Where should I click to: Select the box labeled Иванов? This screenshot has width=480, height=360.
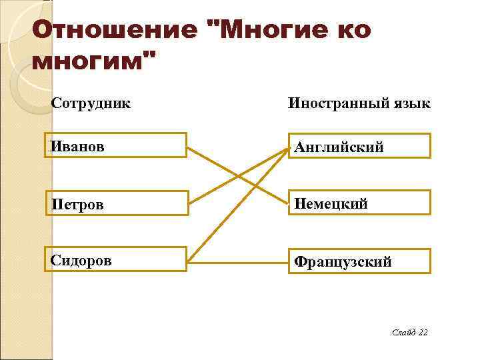click(x=117, y=145)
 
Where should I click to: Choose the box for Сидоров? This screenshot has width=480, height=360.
click(x=117, y=259)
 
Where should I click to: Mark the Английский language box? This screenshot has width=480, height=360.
click(x=359, y=146)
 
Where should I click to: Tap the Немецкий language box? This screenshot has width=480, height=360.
click(x=359, y=203)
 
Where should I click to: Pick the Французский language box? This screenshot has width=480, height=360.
click(x=359, y=261)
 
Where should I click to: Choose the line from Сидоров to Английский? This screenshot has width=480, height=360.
click(x=220, y=223)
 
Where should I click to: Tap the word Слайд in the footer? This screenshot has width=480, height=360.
click(x=404, y=331)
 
